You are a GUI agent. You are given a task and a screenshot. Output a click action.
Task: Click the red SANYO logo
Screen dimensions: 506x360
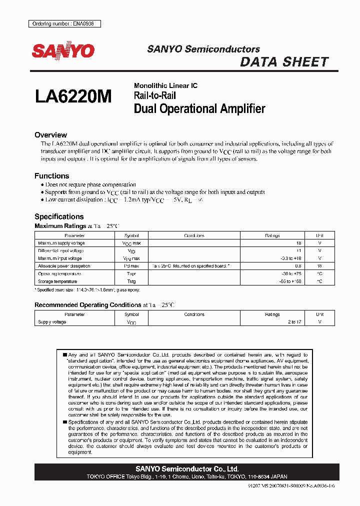(63, 51)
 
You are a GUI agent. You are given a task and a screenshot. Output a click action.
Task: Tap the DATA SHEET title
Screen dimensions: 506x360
(284, 62)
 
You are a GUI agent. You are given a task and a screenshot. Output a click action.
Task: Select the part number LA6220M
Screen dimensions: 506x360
(74, 96)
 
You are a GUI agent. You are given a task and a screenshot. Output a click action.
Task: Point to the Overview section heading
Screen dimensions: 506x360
(50, 135)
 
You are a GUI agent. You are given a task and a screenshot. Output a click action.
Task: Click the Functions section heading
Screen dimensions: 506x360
(51, 176)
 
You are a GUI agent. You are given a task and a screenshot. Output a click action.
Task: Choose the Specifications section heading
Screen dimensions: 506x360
(58, 216)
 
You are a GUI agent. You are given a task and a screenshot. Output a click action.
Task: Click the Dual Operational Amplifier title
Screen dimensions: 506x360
(199, 108)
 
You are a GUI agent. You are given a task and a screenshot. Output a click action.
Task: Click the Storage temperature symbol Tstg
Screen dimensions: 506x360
(131, 281)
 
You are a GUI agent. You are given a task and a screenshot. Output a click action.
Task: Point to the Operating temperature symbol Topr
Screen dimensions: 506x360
(131, 274)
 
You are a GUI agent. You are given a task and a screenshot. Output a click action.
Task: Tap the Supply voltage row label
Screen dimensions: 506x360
(52, 322)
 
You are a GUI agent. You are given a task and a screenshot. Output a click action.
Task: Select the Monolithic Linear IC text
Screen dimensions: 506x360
(165, 85)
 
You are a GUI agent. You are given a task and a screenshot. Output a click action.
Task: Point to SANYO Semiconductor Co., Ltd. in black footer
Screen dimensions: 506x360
(187, 469)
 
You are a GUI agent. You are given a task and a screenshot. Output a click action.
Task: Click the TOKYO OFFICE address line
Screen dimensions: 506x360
(187, 476)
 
